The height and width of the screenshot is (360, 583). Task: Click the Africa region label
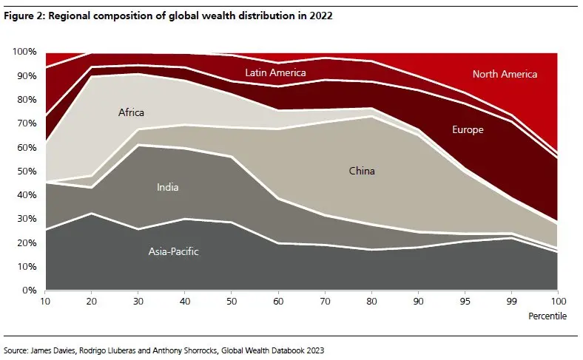coord(131,113)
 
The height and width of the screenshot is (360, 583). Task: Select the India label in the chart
coord(167,188)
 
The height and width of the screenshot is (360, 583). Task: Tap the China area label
coord(362,171)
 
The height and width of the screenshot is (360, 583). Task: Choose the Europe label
coord(468,130)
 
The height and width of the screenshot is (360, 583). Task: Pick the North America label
coord(505,74)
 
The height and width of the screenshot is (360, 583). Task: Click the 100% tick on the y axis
coord(25,52)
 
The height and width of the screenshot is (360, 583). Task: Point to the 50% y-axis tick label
coord(27,171)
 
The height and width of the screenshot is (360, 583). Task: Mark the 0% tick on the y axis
coord(30,291)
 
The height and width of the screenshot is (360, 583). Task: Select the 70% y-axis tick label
coord(27,123)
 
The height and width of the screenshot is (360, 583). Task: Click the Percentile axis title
coord(549,316)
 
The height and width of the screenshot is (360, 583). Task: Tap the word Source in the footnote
coord(17,347)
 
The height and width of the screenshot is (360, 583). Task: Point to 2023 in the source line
coord(314,347)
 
